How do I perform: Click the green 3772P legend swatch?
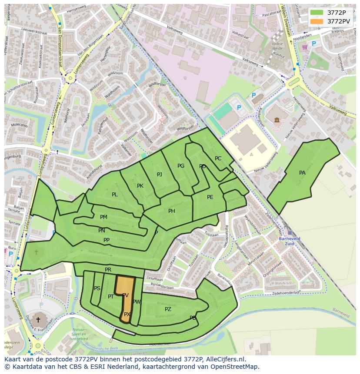coord(317,13)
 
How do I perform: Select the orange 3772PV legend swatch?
coord(317,21)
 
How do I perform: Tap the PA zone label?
coord(302,173)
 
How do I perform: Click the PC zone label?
coord(218,159)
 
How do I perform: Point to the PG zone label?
coord(181,166)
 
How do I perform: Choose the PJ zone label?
coord(160,175)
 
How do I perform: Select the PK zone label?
coord(140,186)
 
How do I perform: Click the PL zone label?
coord(114,195)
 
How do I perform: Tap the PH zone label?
coord(172,211)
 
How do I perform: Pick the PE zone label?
coord(210,197)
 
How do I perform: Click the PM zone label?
coord(103,217)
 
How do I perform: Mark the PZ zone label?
coord(168,309)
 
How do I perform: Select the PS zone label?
coord(97,288)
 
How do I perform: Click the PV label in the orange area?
coord(125,295)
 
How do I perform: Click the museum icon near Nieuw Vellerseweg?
coord(277,119)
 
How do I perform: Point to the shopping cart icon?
coord(305,47)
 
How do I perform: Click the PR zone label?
coord(108,270)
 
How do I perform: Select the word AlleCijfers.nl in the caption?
coord(224,359)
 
